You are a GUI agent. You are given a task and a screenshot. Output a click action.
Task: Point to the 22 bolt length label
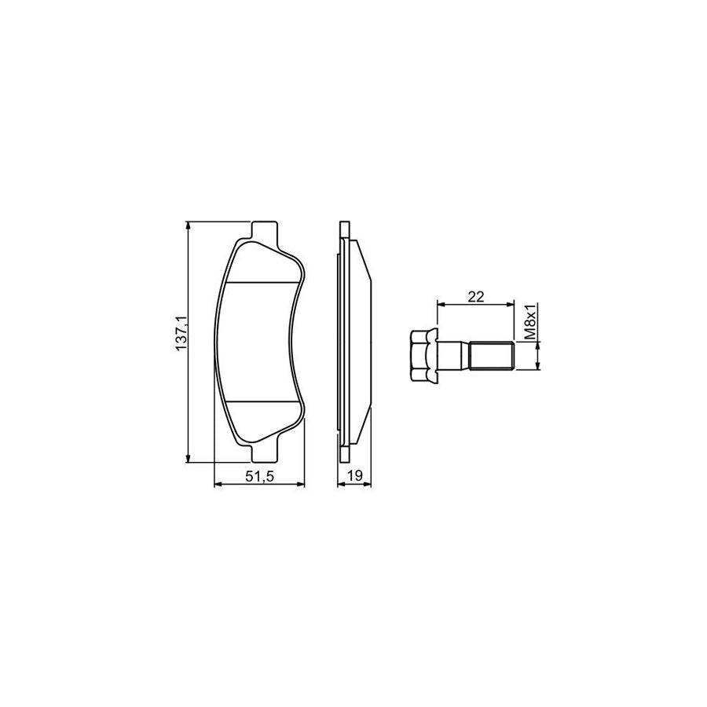pyautogui.click(x=475, y=296)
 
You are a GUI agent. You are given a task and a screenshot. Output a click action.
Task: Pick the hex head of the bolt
pyautogui.click(x=422, y=353)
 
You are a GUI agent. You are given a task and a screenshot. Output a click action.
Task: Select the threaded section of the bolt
pyautogui.click(x=490, y=354)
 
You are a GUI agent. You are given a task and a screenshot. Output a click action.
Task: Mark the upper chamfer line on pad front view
pyautogui.click(x=263, y=282)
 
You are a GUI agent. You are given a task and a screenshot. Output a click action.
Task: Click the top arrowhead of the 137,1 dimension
pyautogui.click(x=188, y=226)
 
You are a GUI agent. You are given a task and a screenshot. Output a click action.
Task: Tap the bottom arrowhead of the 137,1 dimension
pyautogui.click(x=188, y=458)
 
